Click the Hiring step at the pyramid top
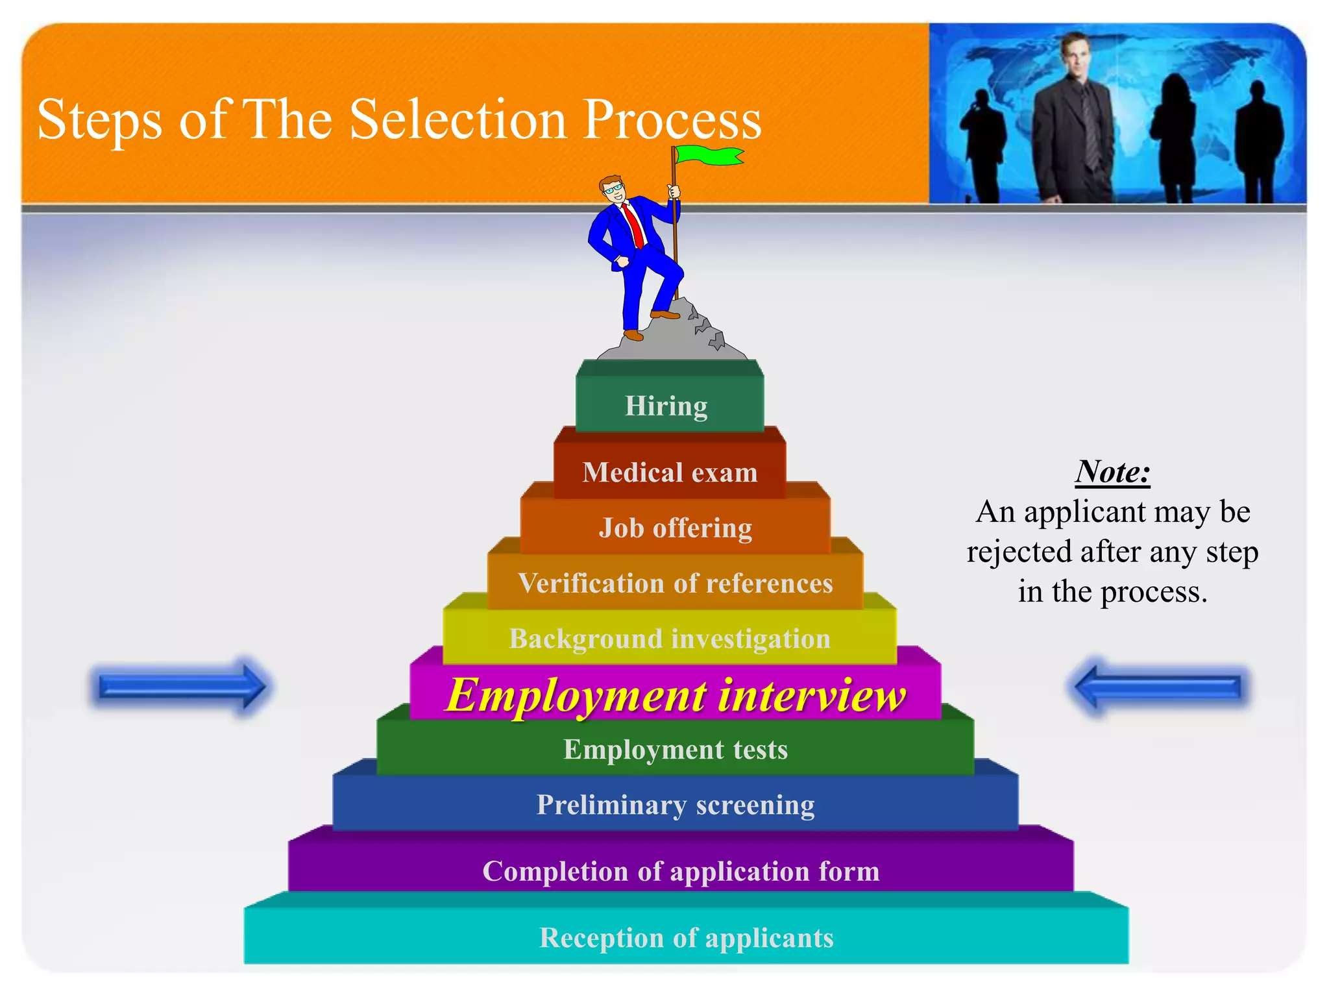tap(666, 406)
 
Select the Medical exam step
tap(670, 473)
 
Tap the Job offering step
tap(675, 528)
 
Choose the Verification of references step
tap(675, 584)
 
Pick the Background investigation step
tap(670, 639)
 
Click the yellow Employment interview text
tap(675, 695)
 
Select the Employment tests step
tap(675, 750)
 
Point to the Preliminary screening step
tap(675, 805)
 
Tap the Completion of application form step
tap(681, 871)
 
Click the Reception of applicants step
tap(686, 938)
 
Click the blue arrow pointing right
tap(182, 687)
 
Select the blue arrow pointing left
tap(1158, 687)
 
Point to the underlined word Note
tap(1112, 472)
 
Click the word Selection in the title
tap(458, 120)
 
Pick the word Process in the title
tap(672, 120)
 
